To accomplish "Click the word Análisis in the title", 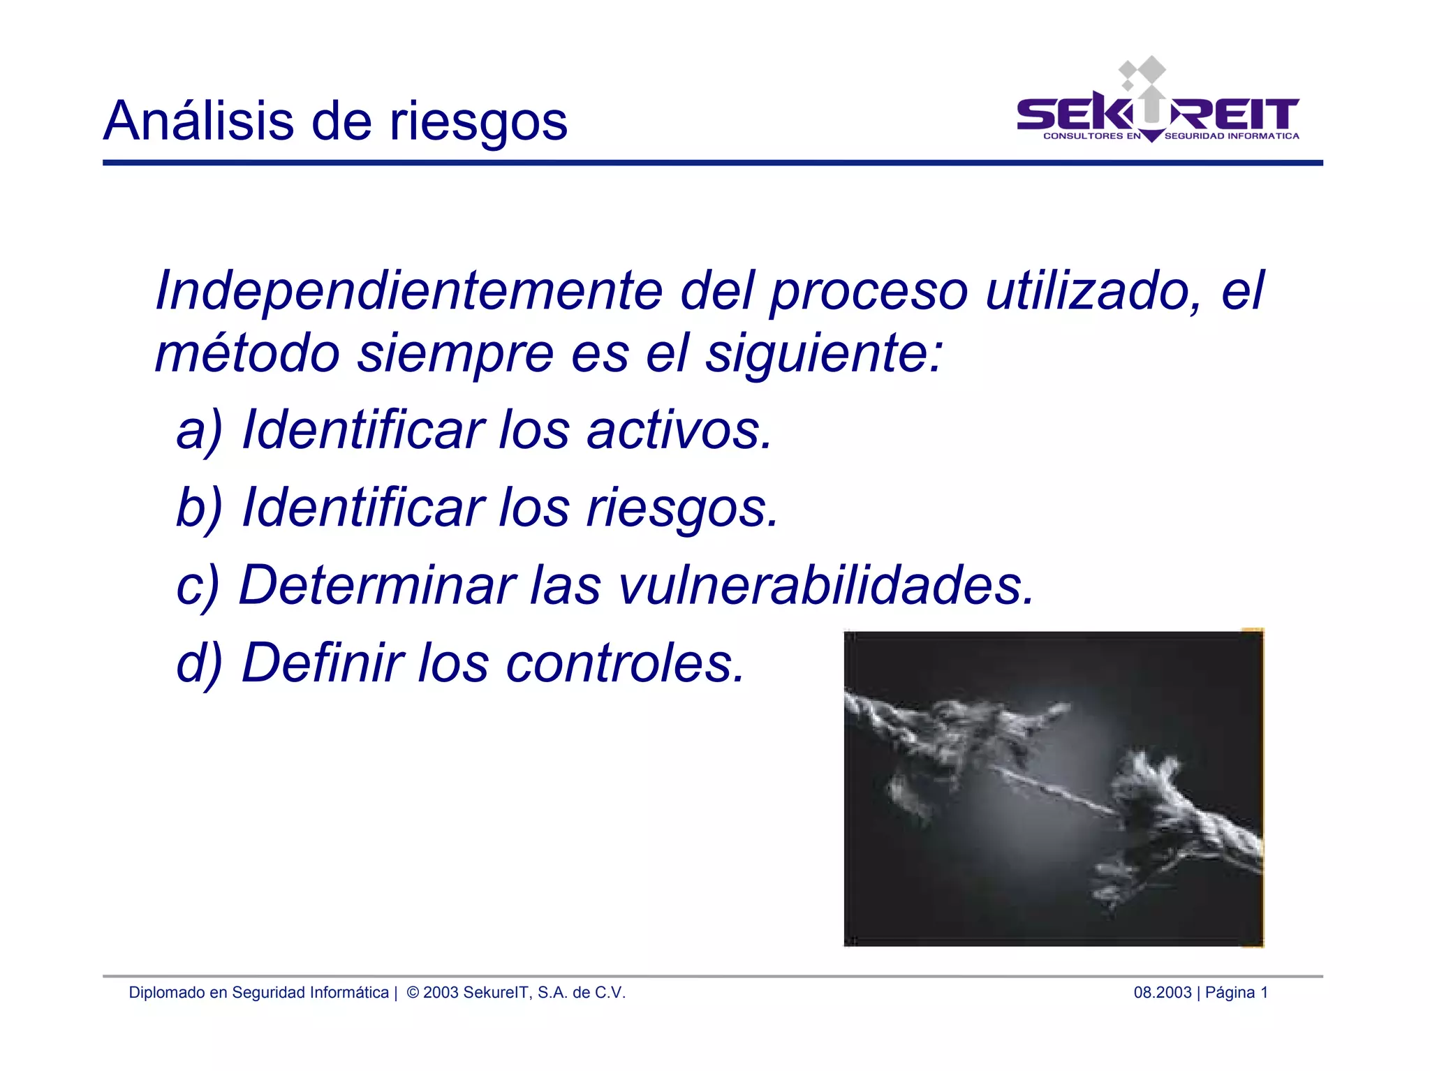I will pos(199,121).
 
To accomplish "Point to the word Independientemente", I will pos(408,290).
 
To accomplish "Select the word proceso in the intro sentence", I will pos(869,292).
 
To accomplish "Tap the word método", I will pos(247,353).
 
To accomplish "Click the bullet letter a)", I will pos(199,430).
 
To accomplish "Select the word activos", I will pos(679,430).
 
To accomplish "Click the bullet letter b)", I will pos(199,508).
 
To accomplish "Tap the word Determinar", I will pos(378,585).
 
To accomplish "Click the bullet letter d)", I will pos(199,663).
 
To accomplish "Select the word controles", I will pos(626,663).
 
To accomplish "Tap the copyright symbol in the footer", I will pos(413,992).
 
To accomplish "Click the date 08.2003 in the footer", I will pos(1162,992).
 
